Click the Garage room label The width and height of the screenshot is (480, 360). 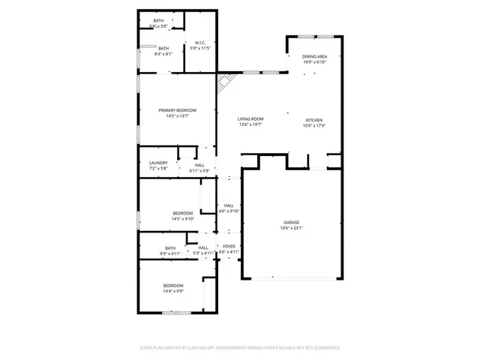tap(291, 221)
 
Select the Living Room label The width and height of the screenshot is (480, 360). tap(250, 119)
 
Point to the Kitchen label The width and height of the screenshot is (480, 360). tap(314, 119)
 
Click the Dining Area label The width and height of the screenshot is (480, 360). tap(314, 56)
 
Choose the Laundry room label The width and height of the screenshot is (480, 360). tap(158, 163)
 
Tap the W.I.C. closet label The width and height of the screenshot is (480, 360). tap(200, 43)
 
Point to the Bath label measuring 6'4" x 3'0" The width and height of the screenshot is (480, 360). tap(158, 21)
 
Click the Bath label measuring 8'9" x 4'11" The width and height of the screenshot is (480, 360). tap(170, 248)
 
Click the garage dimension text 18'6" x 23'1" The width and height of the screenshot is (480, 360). tap(291, 227)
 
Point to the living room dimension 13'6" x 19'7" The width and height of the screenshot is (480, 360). tap(250, 125)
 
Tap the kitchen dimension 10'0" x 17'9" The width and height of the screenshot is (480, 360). tap(314, 125)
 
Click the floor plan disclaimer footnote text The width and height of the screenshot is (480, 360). tap(240, 348)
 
